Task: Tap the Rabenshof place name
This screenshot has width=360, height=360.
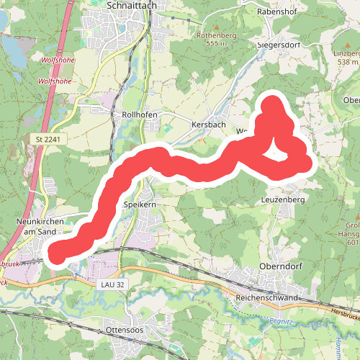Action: click(278, 12)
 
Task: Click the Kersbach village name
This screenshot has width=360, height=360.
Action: click(209, 125)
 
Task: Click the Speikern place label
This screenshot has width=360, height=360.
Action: click(140, 205)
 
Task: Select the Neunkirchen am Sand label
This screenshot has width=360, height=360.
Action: click(35, 227)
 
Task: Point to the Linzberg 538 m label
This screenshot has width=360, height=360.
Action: click(348, 57)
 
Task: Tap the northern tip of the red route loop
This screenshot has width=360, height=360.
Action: click(273, 103)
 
